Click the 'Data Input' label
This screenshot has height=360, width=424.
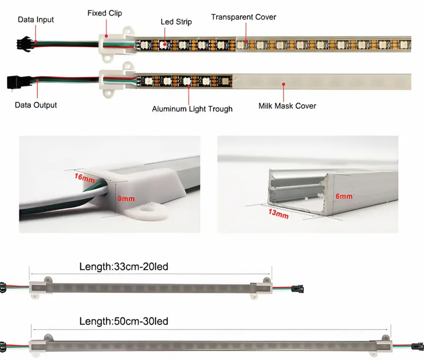pyautogui.click(x=36, y=20)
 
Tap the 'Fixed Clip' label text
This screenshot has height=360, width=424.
pyautogui.click(x=105, y=13)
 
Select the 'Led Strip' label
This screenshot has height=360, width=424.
pyautogui.click(x=177, y=22)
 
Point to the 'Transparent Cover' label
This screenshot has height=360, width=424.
pyautogui.click(x=243, y=17)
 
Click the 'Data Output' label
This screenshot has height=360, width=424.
pyautogui.click(x=36, y=105)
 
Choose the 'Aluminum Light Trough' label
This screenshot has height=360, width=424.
pyautogui.click(x=192, y=109)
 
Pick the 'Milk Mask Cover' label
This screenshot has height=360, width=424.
pyautogui.click(x=287, y=106)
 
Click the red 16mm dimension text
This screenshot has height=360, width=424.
pyautogui.click(x=85, y=178)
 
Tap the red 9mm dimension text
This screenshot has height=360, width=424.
pyautogui.click(x=126, y=199)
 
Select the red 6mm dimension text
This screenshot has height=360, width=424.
pyautogui.click(x=344, y=196)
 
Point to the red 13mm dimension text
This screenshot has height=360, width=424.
pyautogui.click(x=279, y=214)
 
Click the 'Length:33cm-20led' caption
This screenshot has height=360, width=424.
pyautogui.click(x=124, y=267)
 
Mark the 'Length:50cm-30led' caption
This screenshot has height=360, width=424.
pyautogui.click(x=124, y=321)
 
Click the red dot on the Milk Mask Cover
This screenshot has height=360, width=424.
pyautogui.click(x=283, y=84)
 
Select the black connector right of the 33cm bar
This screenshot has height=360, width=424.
pyautogui.click(x=298, y=289)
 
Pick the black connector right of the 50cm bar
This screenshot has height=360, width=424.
pyautogui.click(x=418, y=347)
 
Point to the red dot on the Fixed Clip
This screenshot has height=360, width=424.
pyautogui.click(x=107, y=36)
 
